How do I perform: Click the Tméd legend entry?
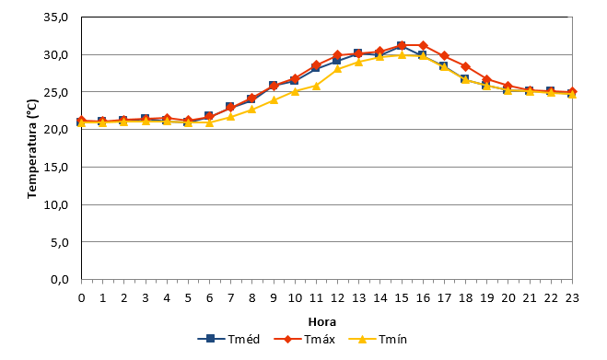228,339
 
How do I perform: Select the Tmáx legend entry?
304,339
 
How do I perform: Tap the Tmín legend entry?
378,339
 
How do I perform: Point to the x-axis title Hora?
322,322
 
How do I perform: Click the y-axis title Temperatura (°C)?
32,149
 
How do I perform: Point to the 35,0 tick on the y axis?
56,17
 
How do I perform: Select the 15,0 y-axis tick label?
56,168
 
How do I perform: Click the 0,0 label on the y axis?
59,280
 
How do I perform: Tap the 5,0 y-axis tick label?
59,242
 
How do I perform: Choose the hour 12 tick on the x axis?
337,298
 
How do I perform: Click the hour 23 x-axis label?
572,298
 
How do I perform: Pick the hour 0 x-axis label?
81,298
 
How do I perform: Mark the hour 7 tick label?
230,298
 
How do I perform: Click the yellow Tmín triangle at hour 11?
316,86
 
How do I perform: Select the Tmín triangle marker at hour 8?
252,110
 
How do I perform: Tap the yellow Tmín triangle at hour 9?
274,100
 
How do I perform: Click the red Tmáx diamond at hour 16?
423,45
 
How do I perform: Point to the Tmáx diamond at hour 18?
466,66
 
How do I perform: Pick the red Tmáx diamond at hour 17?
444,56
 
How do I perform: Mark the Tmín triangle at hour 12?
337,69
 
